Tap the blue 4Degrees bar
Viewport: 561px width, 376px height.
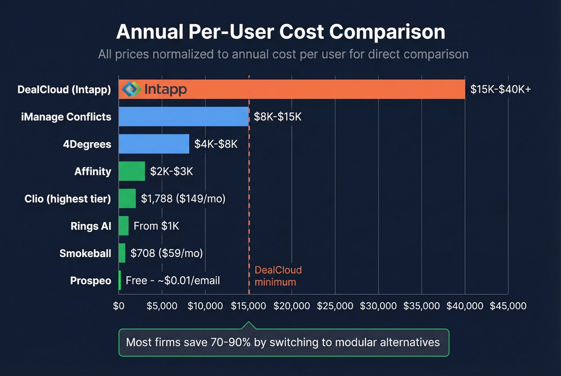click(x=154, y=144)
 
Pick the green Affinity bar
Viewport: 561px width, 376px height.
click(x=132, y=171)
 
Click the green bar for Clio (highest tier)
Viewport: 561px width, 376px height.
click(x=127, y=199)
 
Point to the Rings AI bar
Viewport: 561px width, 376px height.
click(x=123, y=226)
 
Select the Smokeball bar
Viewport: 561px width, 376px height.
click(x=122, y=253)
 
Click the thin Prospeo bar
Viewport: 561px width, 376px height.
click(x=120, y=280)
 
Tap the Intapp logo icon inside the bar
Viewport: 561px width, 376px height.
click(x=131, y=89)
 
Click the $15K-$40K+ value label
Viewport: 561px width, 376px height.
click(x=500, y=89)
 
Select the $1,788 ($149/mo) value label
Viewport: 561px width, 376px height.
click(x=183, y=199)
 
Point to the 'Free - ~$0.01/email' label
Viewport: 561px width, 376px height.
click(x=173, y=280)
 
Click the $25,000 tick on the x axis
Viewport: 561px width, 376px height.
click(x=335, y=306)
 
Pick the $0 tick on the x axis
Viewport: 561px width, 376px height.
click(x=119, y=306)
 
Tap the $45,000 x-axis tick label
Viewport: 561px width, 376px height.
click(x=508, y=306)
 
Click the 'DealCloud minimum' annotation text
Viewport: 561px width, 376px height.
click(x=278, y=276)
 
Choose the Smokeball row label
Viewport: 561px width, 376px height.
click(x=85, y=253)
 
